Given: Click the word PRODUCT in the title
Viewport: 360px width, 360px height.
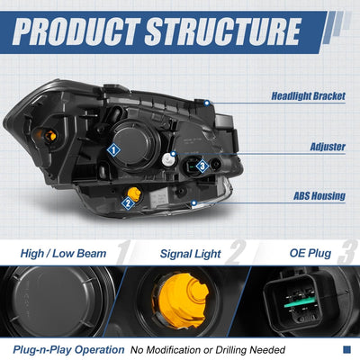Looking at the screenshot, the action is coord(76,32).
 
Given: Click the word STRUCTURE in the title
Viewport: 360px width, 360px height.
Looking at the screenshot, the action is coord(223,32).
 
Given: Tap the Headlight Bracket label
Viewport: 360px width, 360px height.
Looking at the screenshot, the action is coord(309,96).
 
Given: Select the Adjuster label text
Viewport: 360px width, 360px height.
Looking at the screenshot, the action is coord(328,147).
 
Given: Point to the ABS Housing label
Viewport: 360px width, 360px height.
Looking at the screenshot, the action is coord(319,196).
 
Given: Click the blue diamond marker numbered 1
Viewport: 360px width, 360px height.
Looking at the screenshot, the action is coord(113,149).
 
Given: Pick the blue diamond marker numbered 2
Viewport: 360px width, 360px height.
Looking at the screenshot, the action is coord(128,203).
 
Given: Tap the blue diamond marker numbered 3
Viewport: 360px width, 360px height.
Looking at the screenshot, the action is coord(202,166).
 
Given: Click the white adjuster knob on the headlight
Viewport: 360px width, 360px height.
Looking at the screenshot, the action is coord(168,160).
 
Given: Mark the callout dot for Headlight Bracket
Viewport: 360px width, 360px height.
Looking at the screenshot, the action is coord(207,103).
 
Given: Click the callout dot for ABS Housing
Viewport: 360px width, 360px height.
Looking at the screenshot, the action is coord(194,203).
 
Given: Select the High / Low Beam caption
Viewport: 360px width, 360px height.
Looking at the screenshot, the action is coord(63,254).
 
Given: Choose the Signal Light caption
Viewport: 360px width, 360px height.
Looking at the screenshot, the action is coord(190,254).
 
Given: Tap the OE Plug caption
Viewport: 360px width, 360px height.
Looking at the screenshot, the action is coord(310,254).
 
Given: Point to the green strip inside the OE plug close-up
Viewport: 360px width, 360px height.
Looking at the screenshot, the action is coord(300,302).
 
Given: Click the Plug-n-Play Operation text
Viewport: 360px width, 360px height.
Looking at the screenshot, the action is coord(68,350).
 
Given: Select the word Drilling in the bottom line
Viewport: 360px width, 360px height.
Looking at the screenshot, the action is coord(230,350).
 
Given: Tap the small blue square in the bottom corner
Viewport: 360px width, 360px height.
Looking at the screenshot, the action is coord(346,349).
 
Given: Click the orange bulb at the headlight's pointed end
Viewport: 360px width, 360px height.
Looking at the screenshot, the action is coord(49,136).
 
